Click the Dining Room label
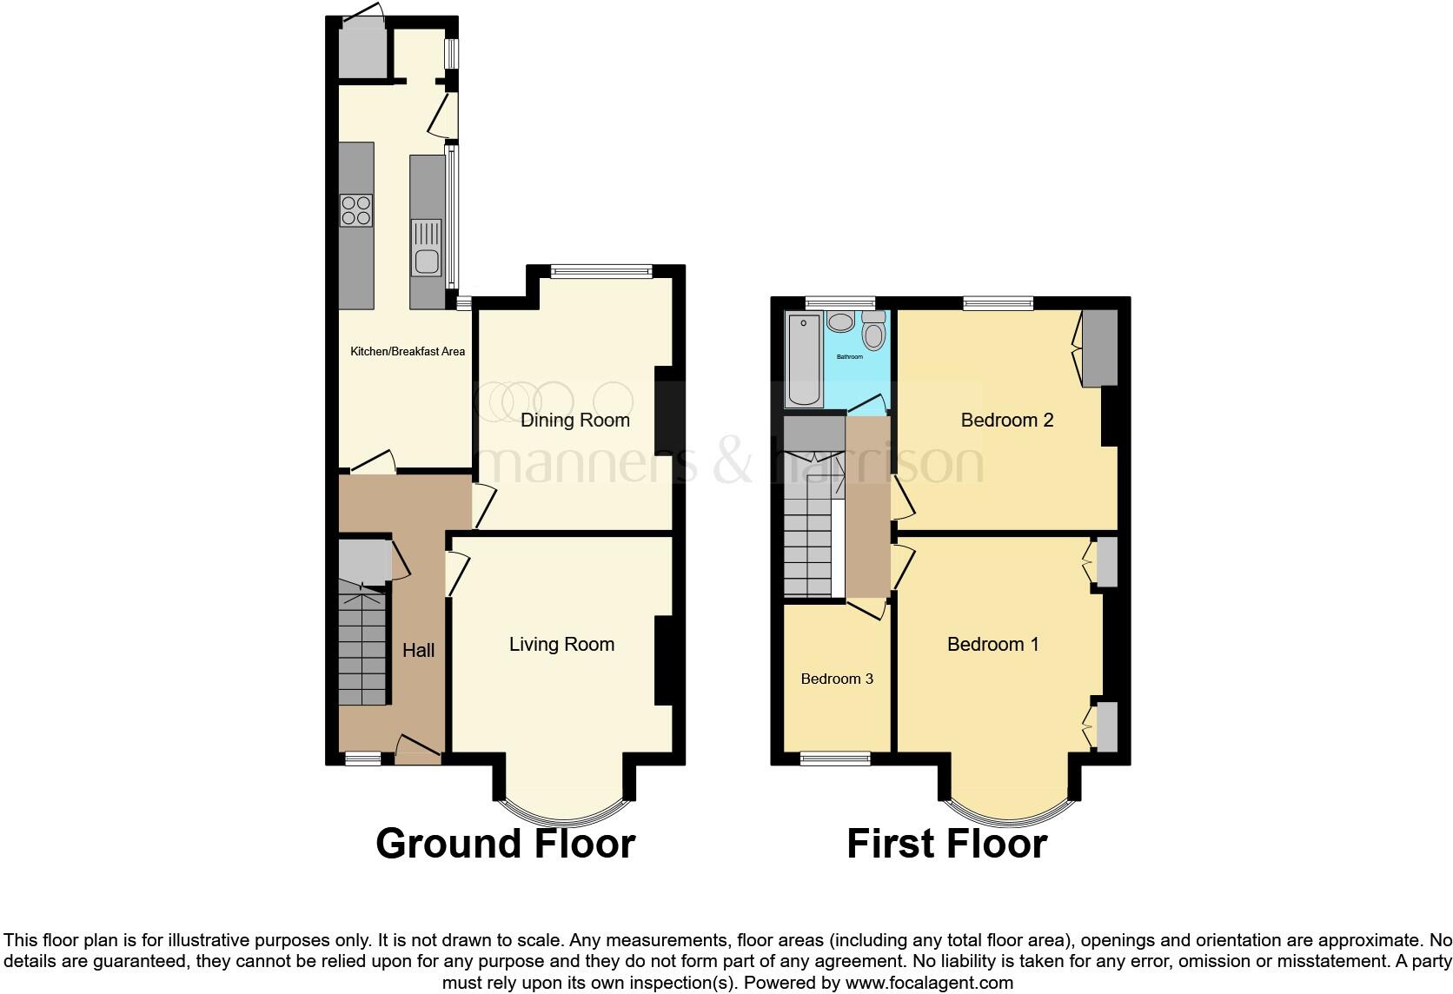click(574, 421)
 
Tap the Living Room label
click(561, 645)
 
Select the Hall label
click(418, 651)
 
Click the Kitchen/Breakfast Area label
click(407, 352)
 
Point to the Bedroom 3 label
click(837, 679)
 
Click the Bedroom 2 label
click(1006, 421)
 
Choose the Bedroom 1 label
click(992, 645)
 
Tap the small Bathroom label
click(849, 357)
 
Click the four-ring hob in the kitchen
click(356, 209)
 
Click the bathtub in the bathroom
click(802, 361)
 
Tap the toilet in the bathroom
click(873, 332)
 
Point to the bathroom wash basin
click(840, 323)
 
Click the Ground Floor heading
click(505, 844)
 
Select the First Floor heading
click(946, 844)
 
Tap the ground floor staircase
click(362, 643)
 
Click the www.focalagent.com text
click(928, 983)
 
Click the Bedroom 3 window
click(835, 759)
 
